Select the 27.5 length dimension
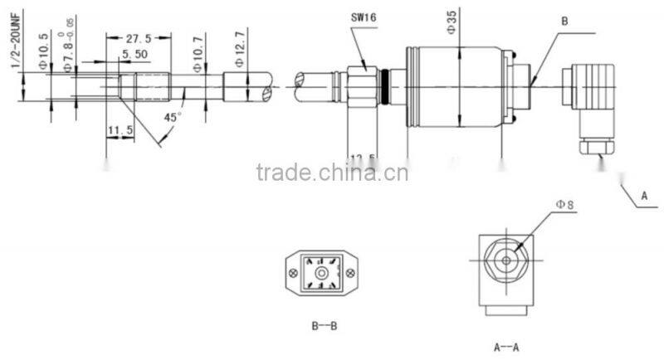click(138, 38)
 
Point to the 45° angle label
click(172, 118)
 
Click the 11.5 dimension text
click(120, 129)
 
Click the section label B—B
click(324, 326)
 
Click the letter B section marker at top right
click(564, 23)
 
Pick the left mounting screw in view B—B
click(292, 272)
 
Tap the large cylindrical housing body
click(455, 87)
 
